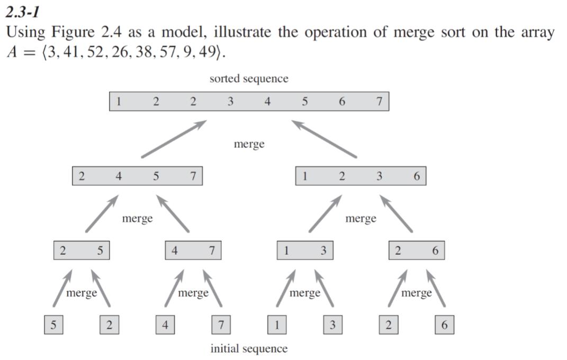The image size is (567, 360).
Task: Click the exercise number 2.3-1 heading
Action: [24, 11]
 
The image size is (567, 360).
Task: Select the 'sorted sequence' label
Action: [249, 79]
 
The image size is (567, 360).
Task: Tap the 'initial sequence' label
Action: [249, 349]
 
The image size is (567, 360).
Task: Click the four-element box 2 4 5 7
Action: [137, 176]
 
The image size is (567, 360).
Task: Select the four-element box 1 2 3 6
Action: [360, 176]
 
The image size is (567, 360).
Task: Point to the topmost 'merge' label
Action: [249, 144]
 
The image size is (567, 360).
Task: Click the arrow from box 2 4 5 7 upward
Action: [173, 139]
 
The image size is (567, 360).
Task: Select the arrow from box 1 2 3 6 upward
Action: [324, 139]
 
